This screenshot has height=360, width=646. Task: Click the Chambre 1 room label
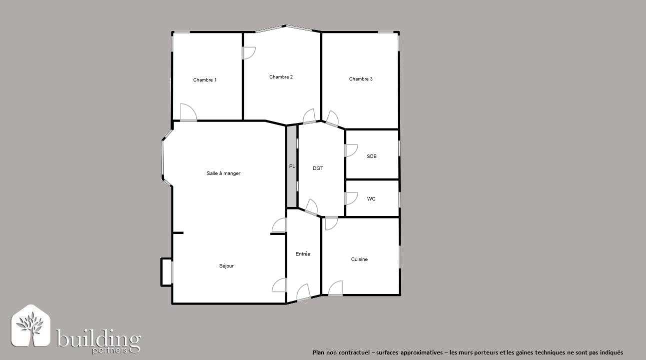click(x=205, y=80)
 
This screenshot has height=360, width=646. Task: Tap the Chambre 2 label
click(x=281, y=77)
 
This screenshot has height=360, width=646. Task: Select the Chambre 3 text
click(x=361, y=79)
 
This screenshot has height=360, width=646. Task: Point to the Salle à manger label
click(x=223, y=173)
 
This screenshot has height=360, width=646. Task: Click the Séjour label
click(x=226, y=266)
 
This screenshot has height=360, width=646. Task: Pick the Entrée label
click(x=303, y=254)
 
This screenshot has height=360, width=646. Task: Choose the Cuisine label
click(x=359, y=259)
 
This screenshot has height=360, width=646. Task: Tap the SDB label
click(x=371, y=156)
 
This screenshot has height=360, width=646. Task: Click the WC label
click(x=371, y=198)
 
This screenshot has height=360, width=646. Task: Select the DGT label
click(x=318, y=168)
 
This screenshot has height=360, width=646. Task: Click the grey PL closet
click(x=292, y=166)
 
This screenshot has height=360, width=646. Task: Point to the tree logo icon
click(x=31, y=325)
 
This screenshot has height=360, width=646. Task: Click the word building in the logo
click(x=98, y=339)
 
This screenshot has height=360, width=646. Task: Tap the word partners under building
click(x=109, y=351)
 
